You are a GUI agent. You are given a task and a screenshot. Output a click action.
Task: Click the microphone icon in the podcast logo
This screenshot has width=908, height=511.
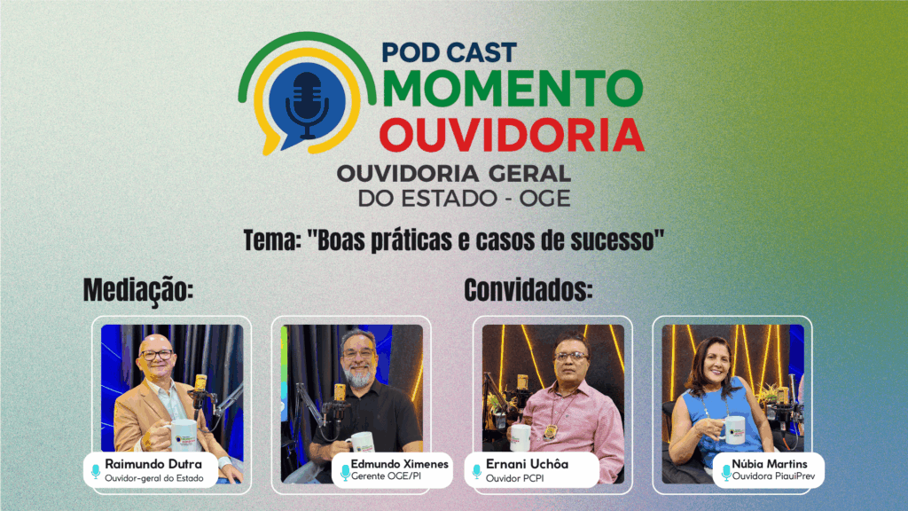(307, 105)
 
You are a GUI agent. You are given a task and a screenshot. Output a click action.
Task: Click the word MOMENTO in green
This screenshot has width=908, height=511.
(513, 89)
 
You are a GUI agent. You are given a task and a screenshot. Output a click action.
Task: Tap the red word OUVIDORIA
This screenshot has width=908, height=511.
(512, 135)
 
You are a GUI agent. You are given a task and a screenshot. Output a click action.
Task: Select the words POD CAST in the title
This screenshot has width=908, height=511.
(449, 52)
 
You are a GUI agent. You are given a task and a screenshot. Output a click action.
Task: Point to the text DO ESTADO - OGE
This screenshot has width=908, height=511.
(464, 198)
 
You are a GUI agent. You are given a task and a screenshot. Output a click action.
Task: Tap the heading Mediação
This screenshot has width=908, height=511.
(137, 290)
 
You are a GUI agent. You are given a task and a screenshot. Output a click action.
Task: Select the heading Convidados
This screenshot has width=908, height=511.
(528, 290)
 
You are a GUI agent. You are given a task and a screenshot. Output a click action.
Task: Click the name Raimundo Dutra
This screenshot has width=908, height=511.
(153, 464)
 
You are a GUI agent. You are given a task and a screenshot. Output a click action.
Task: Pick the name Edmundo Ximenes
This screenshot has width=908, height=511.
(400, 463)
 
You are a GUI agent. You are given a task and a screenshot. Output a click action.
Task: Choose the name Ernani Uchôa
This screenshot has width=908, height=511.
(527, 464)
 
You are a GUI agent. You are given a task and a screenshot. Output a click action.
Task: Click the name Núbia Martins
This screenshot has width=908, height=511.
(770, 463)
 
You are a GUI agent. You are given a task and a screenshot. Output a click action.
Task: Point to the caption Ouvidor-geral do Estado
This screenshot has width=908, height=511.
(154, 478)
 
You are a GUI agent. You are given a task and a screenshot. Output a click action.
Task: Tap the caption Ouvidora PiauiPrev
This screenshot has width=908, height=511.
(773, 476)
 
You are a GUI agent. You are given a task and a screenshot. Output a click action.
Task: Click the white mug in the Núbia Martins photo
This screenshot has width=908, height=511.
(733, 430)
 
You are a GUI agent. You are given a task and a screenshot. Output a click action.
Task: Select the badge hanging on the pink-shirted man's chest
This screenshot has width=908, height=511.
(550, 432)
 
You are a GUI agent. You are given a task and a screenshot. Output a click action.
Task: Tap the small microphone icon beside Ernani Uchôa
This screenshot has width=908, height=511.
(476, 471)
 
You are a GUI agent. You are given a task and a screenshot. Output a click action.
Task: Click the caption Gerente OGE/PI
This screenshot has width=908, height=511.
(387, 476)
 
